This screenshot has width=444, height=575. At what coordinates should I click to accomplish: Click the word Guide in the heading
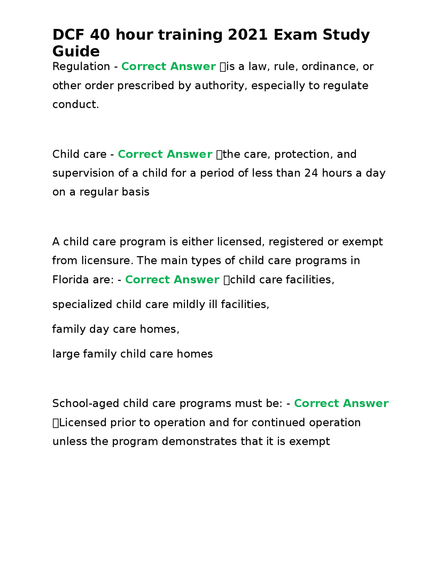(76, 51)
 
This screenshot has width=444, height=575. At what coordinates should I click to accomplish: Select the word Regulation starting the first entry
(81, 66)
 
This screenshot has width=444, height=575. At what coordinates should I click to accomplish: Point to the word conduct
(75, 104)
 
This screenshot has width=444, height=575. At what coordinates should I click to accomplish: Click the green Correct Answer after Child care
(165, 154)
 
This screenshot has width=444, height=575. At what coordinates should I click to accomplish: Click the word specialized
(82, 305)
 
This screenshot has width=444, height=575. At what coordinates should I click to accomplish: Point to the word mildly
(189, 305)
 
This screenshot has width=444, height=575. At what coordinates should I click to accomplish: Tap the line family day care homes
(116, 329)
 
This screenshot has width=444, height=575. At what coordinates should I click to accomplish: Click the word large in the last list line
(66, 354)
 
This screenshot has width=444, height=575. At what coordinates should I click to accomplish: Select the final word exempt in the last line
(309, 441)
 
